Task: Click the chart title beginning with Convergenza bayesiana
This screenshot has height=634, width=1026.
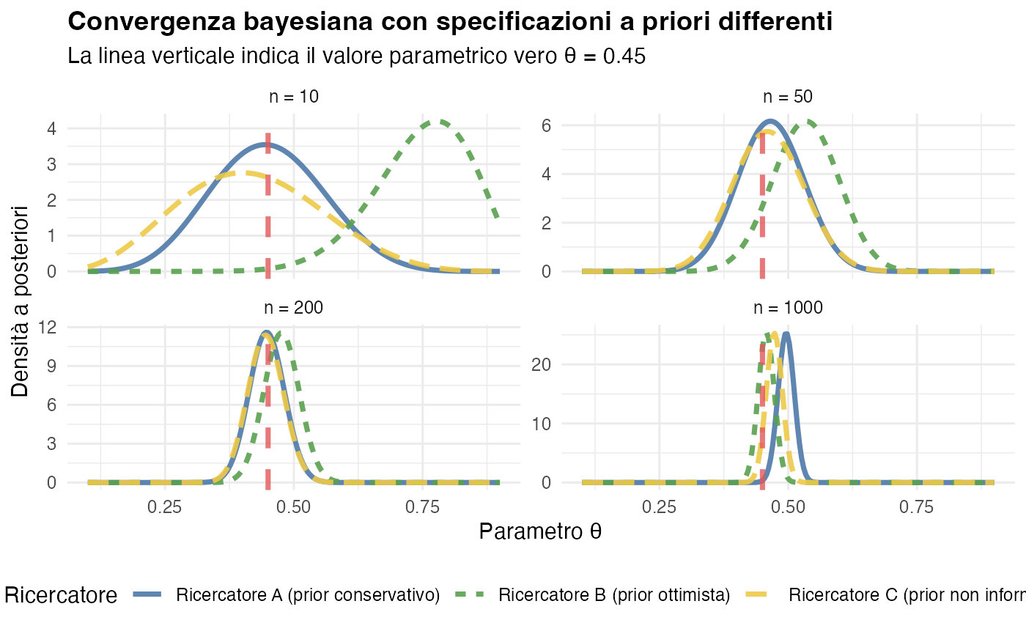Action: coord(449,22)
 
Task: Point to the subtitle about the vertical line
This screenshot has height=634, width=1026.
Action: coord(356,56)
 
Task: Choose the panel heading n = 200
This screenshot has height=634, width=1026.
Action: coord(293,308)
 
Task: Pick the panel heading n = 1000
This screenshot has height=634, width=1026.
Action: coord(788,308)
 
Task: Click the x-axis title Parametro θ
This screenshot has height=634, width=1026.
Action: coord(540,531)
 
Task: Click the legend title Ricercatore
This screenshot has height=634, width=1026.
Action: coord(61,595)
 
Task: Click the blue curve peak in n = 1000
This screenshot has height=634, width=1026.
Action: coord(786,334)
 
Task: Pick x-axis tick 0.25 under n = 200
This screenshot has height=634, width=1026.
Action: coord(165,507)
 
